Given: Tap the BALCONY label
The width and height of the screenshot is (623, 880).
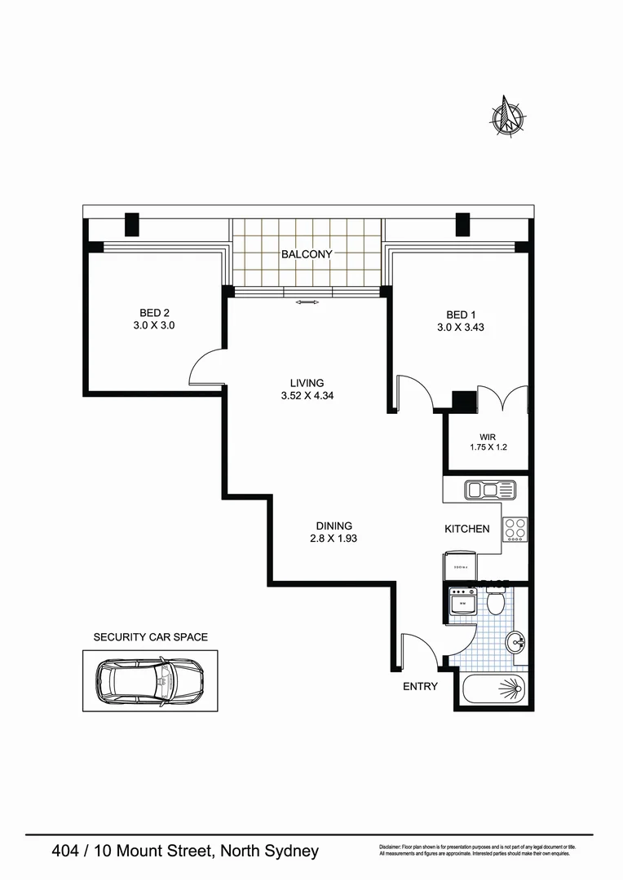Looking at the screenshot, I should coord(307,254).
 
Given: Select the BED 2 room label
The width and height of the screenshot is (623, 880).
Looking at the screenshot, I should coord(154,313).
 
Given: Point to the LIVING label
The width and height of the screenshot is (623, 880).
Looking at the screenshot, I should coord(307,382).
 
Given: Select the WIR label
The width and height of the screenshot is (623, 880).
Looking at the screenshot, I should coord(488,437).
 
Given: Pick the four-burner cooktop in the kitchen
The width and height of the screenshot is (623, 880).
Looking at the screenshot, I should coord(515,529).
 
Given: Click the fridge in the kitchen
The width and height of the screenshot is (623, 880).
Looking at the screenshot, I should coord(461,565).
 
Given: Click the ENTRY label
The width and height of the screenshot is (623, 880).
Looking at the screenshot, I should coord(420,686).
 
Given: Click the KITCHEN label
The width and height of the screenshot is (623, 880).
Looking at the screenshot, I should coord(466,529).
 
